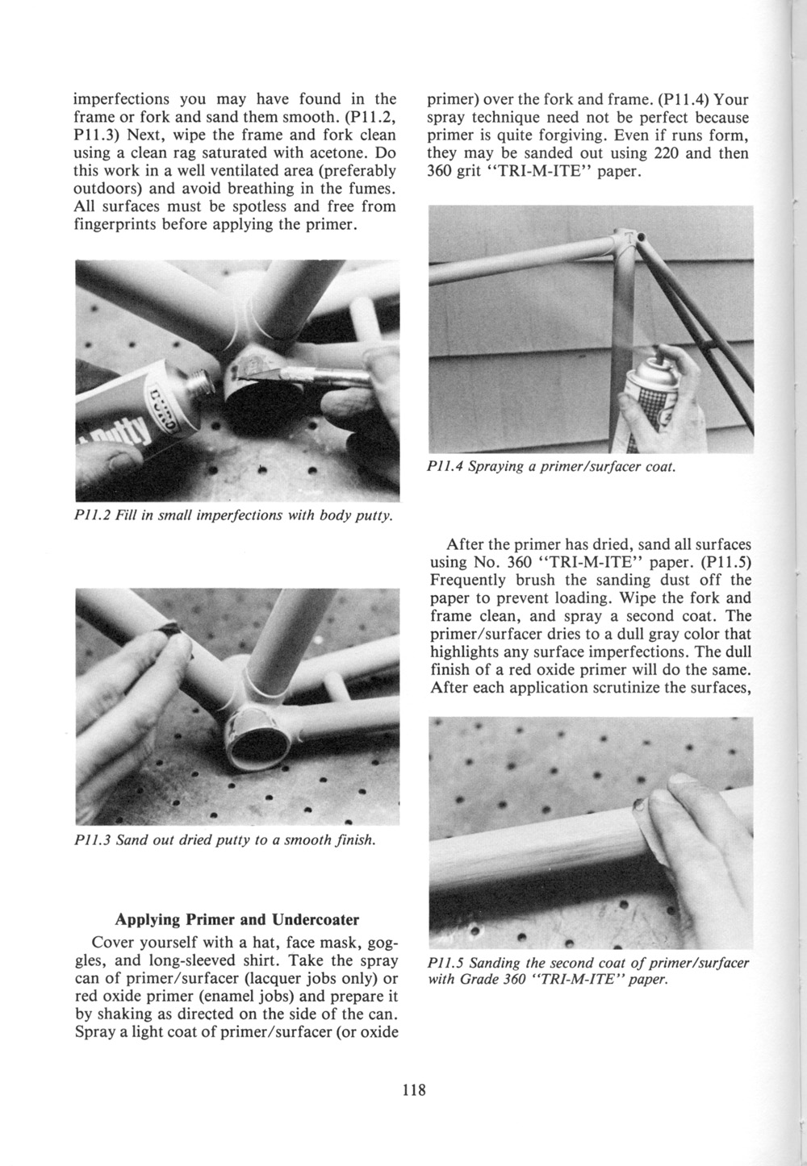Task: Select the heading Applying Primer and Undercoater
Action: (236, 919)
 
